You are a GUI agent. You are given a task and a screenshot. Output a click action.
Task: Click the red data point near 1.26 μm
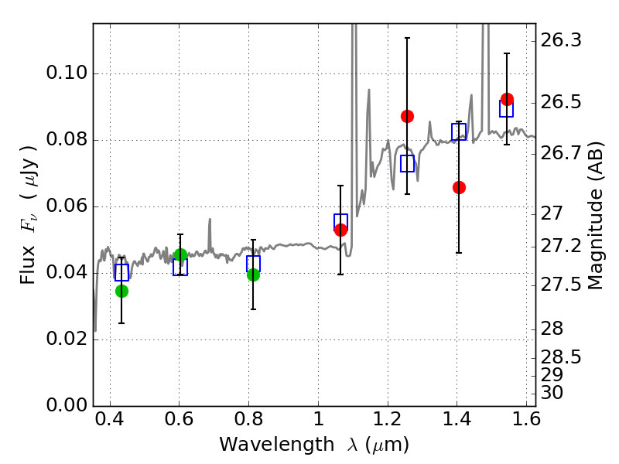coord(407,117)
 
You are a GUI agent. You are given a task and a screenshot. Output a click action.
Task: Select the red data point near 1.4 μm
coord(459,187)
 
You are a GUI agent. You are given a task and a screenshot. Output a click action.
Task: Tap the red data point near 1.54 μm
coord(507,99)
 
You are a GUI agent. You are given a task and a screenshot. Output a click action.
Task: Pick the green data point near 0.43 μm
coord(121,292)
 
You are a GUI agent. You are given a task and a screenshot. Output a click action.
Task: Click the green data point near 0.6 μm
coord(180,255)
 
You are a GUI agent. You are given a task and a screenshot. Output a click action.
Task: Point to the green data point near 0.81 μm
coord(254,275)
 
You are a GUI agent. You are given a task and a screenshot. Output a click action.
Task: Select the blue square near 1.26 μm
coord(408,163)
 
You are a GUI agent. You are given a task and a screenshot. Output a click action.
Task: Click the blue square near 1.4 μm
coord(459,131)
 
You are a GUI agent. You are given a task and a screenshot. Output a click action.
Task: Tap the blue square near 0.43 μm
coord(121,272)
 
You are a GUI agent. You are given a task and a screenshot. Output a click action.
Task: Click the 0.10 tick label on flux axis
coord(67,73)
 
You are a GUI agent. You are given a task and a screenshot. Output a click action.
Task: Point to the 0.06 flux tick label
coord(67,206)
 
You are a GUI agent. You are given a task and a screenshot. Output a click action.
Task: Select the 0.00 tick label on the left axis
coord(67,405)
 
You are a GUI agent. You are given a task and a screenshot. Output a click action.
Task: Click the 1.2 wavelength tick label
coord(388,419)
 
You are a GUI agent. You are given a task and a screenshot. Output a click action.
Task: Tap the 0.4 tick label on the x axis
coord(110,419)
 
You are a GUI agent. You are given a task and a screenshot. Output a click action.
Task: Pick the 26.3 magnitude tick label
coord(560,40)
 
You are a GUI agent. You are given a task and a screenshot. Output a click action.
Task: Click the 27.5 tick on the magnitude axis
coord(560,285)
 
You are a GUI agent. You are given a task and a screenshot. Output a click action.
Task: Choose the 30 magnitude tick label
coord(552,393)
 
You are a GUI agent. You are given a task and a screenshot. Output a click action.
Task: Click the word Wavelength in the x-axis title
coord(277,445)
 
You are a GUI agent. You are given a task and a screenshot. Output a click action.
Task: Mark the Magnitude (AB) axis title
coord(595,216)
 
